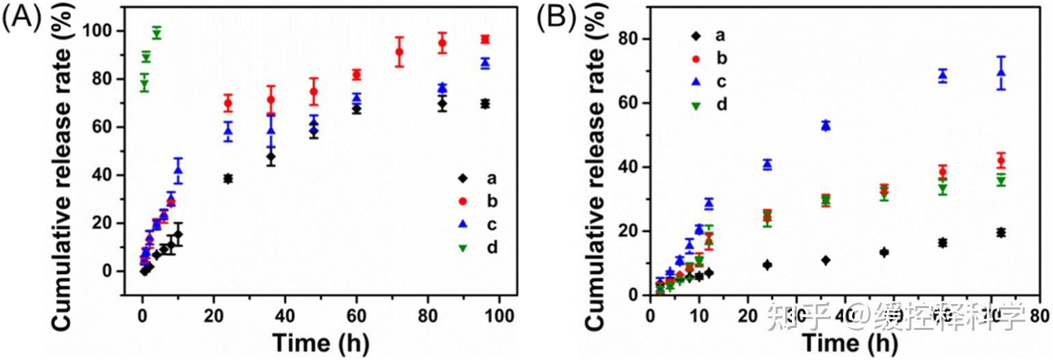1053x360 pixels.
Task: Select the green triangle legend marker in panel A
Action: (x=463, y=247)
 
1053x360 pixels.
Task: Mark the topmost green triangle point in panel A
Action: (x=156, y=33)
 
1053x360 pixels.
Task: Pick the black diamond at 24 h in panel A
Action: (x=228, y=178)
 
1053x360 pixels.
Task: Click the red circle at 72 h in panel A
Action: (x=400, y=53)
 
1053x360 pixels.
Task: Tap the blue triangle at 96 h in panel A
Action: (x=485, y=63)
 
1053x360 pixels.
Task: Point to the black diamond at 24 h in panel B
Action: (x=767, y=264)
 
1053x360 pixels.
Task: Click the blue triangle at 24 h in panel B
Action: (x=767, y=164)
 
